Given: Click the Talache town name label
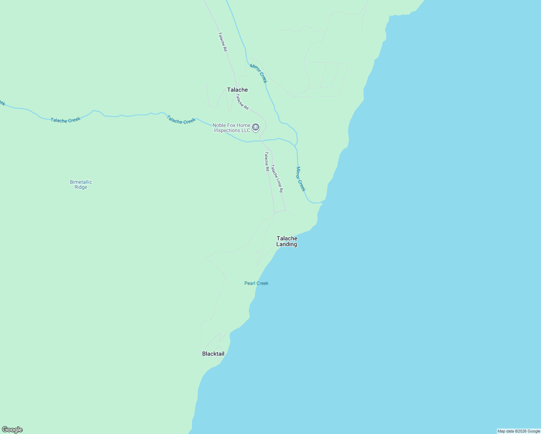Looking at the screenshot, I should (237, 90).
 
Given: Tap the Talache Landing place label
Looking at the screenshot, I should (287, 241).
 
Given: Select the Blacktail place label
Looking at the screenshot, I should (213, 354).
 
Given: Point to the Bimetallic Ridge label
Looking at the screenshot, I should (81, 184).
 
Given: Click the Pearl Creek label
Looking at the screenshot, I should (256, 283).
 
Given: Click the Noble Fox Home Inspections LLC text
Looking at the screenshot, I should (231, 128).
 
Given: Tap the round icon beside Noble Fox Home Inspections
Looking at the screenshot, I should (256, 127).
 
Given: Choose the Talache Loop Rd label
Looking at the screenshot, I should (277, 178).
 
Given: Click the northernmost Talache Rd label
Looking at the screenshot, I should (222, 42).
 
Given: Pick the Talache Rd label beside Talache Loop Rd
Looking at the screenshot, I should (267, 161).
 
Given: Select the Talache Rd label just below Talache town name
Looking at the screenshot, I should (242, 102).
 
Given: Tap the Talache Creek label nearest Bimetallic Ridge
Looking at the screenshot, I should (65, 120).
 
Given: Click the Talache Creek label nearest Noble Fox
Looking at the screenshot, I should (181, 120).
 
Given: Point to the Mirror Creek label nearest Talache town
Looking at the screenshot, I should (259, 73).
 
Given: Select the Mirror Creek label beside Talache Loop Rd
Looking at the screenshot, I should (301, 179).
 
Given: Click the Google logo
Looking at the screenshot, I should (12, 430).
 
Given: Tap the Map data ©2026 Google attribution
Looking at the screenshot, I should (519, 431).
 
